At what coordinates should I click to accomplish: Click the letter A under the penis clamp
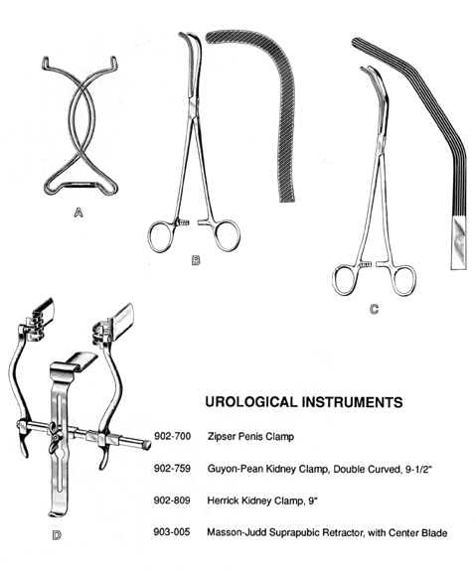[x=79, y=212]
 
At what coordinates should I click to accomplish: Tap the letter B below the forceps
[x=196, y=260]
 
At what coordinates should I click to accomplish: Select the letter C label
[x=374, y=309]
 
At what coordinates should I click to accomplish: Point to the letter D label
[x=57, y=535]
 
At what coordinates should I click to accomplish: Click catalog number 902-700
[x=172, y=436]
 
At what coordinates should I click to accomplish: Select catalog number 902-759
[x=172, y=468]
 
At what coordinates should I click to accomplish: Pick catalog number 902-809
[x=172, y=500]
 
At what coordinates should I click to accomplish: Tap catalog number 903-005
[x=172, y=532]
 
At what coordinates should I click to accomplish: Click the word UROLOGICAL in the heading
[x=251, y=402]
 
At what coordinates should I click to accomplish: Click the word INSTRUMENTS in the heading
[x=353, y=402]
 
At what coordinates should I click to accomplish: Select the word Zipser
[x=223, y=436]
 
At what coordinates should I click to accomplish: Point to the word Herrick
[x=222, y=500]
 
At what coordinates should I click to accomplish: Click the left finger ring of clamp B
[x=161, y=236]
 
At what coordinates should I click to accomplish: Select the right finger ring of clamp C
[x=402, y=281]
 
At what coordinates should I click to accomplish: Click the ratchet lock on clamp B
[x=183, y=222]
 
